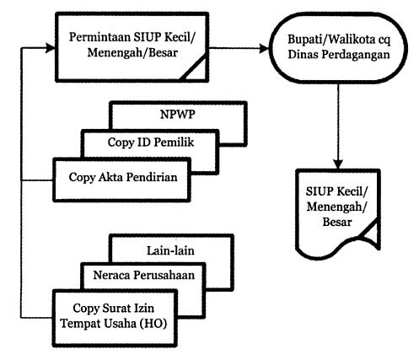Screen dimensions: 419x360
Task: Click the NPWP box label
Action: [178, 115]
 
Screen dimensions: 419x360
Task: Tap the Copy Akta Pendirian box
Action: [121, 180]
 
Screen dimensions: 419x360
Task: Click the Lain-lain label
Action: [170, 250]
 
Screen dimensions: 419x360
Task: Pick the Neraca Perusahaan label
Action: [143, 275]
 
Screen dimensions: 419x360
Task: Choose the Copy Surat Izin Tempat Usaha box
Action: [115, 318]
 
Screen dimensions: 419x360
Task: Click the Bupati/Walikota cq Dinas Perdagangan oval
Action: [339, 48]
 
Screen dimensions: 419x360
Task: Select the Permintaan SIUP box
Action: [132, 47]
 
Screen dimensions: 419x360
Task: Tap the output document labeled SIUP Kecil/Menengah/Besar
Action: [338, 213]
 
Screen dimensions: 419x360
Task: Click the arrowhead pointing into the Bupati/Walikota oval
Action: [265, 48]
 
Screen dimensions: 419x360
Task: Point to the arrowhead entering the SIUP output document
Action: [338, 164]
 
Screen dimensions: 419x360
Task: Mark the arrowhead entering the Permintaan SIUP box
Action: [51, 48]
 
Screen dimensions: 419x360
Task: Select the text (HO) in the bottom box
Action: [153, 324]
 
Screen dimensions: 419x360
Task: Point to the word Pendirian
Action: [152, 177]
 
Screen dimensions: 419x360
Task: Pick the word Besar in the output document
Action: [337, 222]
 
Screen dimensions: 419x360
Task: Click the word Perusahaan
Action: [164, 275]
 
